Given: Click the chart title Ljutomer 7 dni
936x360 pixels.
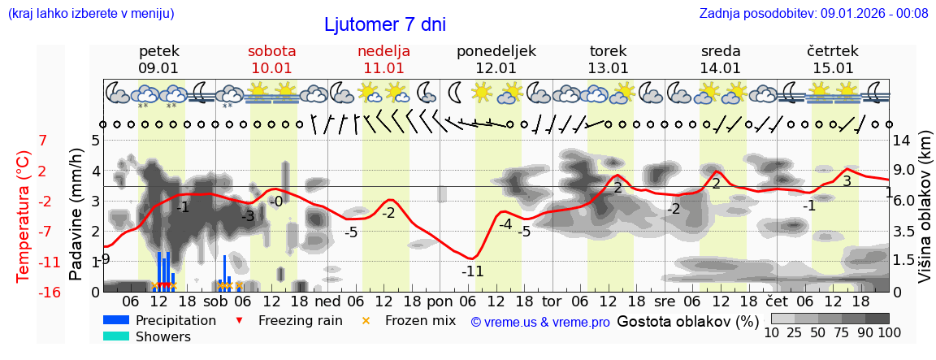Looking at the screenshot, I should [x=385, y=24].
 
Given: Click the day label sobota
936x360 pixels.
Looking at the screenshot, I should [x=271, y=51].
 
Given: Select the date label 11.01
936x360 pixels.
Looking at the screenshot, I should [x=383, y=68].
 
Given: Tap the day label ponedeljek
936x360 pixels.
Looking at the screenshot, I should [x=496, y=51].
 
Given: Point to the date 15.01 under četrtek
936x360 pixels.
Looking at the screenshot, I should [x=833, y=68].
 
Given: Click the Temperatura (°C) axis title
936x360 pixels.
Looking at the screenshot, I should [x=24, y=215].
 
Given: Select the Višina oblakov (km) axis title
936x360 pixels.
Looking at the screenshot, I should [x=925, y=215].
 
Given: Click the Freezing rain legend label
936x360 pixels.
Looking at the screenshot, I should [x=300, y=320].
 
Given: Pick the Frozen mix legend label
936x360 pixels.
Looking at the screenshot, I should [x=420, y=320].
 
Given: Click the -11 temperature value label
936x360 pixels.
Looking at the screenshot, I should [x=472, y=271].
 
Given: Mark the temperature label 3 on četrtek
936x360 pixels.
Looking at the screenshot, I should [x=847, y=181].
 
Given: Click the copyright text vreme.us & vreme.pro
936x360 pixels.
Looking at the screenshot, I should [x=540, y=322].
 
